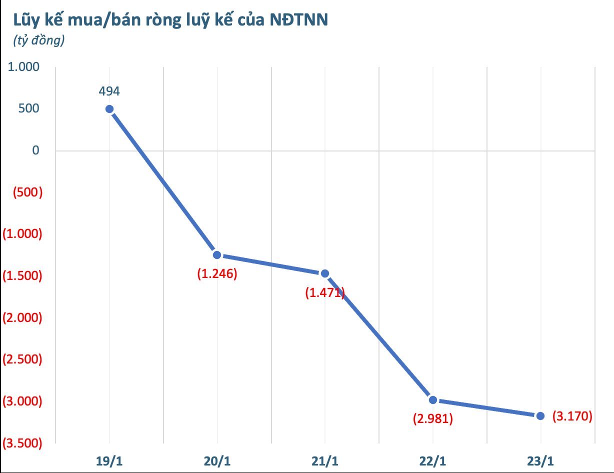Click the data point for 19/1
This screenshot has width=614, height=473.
pos(109,109)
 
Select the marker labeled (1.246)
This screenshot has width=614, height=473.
pos(217,254)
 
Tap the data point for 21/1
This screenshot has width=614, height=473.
pos(325,273)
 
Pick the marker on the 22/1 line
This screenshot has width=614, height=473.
pos(433,399)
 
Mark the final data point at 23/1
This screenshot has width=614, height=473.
pos(540,415)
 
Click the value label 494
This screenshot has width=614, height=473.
pos(109,91)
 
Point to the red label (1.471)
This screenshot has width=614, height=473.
pos(325,293)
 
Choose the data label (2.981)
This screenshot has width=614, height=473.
pos(433,419)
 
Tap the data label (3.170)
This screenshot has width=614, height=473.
pos(572,415)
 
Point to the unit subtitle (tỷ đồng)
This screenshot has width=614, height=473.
pos(39,41)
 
